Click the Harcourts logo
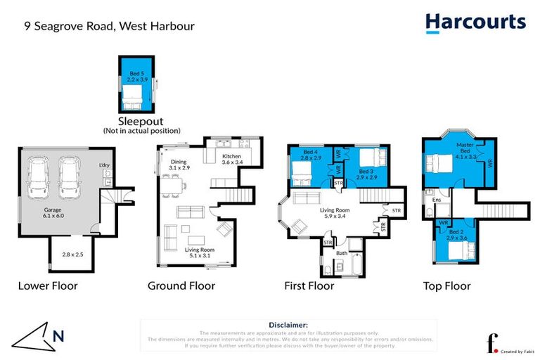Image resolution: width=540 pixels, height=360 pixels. pyautogui.click(x=475, y=22)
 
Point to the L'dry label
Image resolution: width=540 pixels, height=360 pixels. pyautogui.click(x=105, y=166)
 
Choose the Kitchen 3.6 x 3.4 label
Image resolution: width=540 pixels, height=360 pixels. pyautogui.click(x=232, y=159)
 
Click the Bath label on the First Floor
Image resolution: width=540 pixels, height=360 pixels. pyautogui.click(x=342, y=253)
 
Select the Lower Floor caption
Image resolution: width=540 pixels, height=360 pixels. pyautogui.click(x=48, y=286)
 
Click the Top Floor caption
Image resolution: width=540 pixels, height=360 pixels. pyautogui.click(x=446, y=286)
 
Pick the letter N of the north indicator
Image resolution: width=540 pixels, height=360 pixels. pyautogui.click(x=59, y=336)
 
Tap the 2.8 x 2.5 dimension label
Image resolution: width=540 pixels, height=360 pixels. pyautogui.click(x=72, y=254)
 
